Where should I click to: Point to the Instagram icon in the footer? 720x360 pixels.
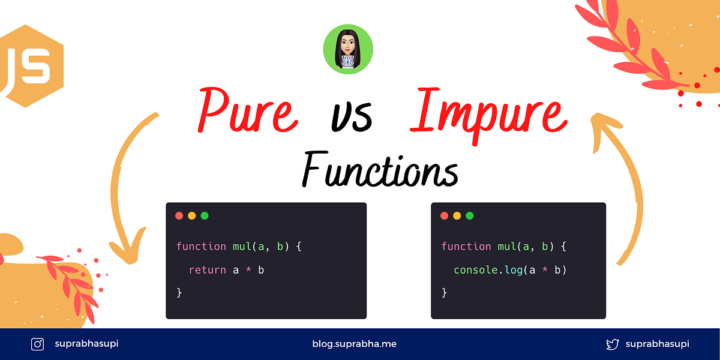(38, 344)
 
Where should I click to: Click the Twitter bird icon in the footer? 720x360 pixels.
(612, 344)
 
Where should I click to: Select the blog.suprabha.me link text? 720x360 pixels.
(354, 344)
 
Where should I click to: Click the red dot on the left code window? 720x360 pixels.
(179, 216)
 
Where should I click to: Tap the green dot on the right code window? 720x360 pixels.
(470, 216)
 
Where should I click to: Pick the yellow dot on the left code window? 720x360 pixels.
(192, 216)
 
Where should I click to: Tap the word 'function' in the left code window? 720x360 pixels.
(201, 247)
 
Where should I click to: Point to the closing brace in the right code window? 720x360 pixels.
(445, 293)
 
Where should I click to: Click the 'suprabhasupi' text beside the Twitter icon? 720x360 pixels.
(657, 344)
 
